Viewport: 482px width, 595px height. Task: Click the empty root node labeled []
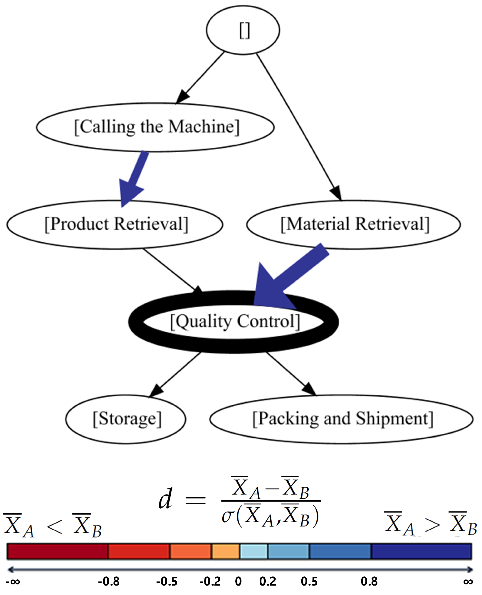[x=243, y=30]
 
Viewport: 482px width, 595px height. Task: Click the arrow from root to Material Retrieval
[x=297, y=124]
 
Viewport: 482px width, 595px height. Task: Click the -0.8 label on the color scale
[x=109, y=581]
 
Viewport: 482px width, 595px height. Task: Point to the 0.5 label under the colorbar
[x=309, y=581]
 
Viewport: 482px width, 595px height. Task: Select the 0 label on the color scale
[x=238, y=581]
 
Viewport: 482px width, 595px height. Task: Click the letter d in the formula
[x=165, y=499]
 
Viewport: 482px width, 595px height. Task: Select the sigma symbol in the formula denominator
[x=228, y=517]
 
